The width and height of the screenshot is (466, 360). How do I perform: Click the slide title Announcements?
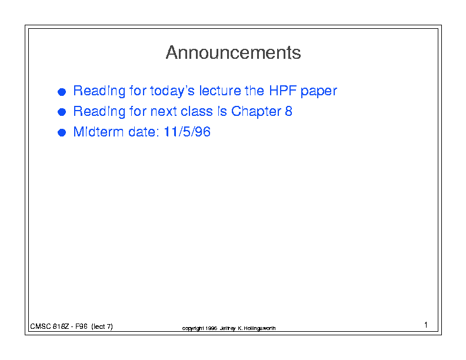click(234, 52)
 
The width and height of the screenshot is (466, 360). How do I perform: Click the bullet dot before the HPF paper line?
click(62, 92)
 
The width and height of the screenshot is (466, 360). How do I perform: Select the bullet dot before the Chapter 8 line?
click(62, 112)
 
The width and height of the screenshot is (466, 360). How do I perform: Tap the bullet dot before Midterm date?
click(62, 132)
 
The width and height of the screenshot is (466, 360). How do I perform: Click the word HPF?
click(282, 91)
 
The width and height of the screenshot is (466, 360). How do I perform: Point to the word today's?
click(172, 91)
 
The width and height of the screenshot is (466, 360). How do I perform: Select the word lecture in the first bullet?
click(220, 91)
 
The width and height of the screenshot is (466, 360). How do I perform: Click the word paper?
click(319, 92)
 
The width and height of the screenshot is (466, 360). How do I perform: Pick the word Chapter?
click(256, 112)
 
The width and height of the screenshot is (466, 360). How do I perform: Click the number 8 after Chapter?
click(288, 111)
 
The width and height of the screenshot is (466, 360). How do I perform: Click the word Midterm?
click(98, 132)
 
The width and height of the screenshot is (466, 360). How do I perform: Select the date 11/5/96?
click(187, 132)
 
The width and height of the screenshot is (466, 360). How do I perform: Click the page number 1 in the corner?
click(426, 325)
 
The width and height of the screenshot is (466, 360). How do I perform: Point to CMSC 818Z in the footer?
click(49, 326)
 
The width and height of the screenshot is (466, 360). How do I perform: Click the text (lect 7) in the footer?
click(102, 326)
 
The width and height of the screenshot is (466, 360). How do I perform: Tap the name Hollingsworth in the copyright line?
click(259, 328)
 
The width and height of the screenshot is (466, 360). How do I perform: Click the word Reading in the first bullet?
click(99, 91)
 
